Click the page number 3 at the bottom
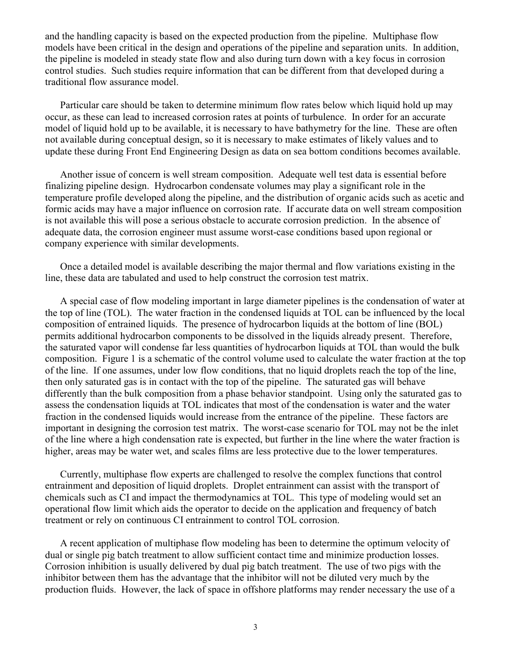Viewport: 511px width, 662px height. pos(256,627)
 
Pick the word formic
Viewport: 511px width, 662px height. pos(57,209)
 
